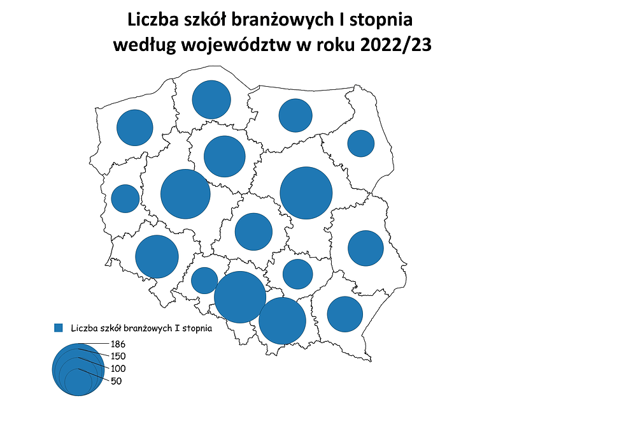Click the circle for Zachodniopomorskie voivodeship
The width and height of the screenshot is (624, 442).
point(135,128)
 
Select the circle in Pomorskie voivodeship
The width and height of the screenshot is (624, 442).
point(211,99)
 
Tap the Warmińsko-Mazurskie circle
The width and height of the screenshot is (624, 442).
point(295,115)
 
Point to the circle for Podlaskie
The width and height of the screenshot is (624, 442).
point(360,143)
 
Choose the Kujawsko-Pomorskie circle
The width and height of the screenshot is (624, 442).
point(225,156)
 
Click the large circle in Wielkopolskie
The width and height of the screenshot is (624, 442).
point(185,194)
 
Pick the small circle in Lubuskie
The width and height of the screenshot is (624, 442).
point(125,198)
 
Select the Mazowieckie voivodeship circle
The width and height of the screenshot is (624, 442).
point(306,193)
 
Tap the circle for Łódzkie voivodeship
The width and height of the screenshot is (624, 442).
point(253,232)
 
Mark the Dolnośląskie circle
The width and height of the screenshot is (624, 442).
point(157,256)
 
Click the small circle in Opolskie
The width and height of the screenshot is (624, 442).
point(204,280)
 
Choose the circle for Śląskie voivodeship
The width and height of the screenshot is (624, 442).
point(240,297)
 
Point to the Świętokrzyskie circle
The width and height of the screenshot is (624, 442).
point(297,274)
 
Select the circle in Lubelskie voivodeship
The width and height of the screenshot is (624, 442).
point(365,248)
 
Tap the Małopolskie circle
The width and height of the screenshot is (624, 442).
point(283,320)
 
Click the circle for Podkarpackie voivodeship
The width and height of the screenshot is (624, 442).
point(344,314)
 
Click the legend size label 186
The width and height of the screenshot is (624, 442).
point(118,344)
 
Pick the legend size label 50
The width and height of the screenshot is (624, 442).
point(116,381)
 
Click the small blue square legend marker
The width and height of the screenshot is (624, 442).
point(59,328)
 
